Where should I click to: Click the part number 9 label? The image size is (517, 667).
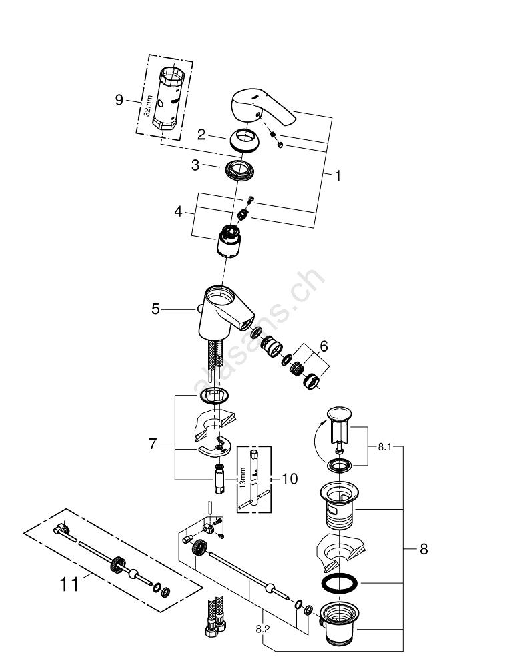tap(119, 100)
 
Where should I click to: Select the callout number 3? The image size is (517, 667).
tap(195, 165)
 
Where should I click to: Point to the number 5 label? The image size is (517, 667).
tap(155, 309)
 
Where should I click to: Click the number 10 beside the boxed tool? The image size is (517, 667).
tap(290, 478)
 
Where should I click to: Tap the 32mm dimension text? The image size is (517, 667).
tap(149, 106)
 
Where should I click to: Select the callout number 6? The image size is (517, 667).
tap(324, 346)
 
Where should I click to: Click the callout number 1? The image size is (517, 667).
tap(337, 176)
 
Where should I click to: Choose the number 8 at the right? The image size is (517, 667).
tap(422, 549)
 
